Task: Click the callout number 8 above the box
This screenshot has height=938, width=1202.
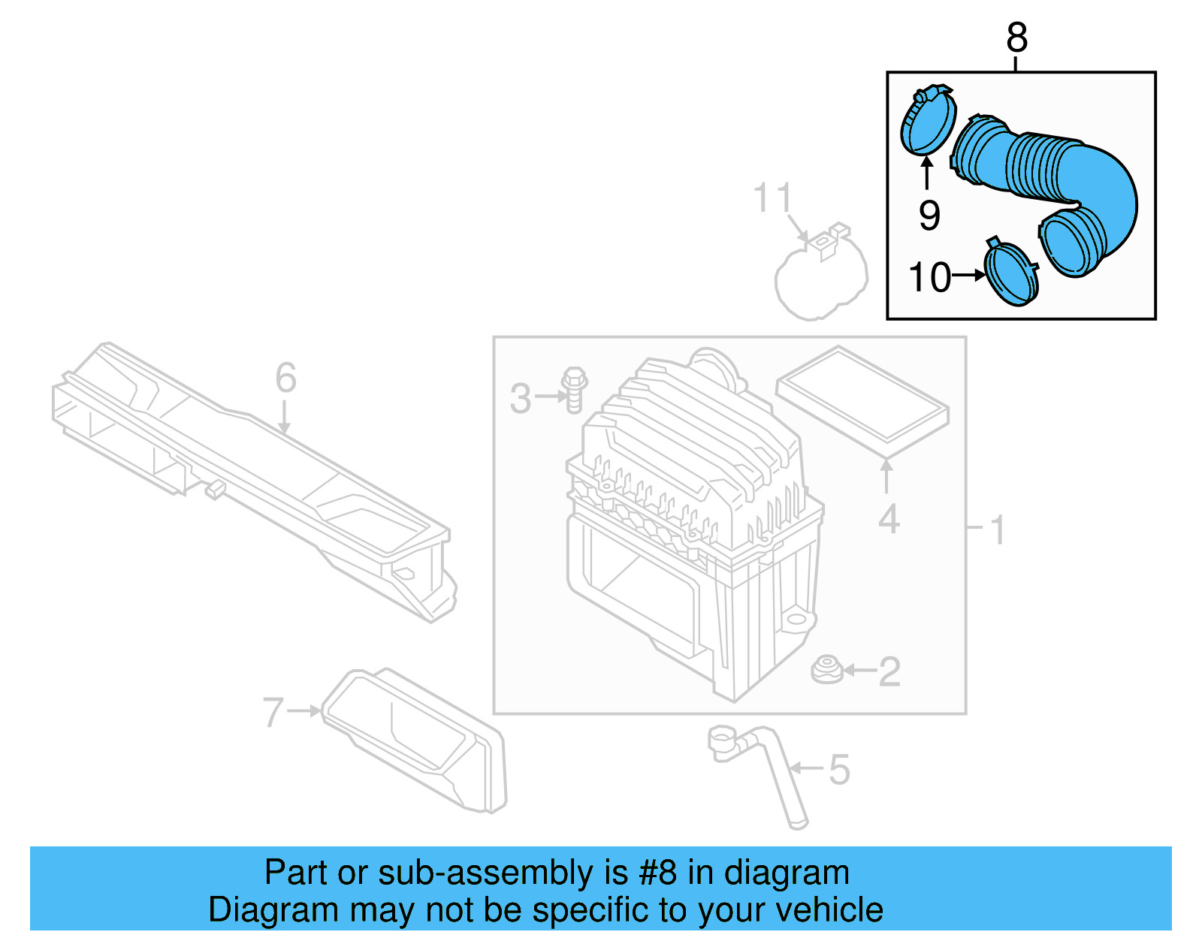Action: [1016, 38]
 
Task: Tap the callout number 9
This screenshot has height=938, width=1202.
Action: [929, 216]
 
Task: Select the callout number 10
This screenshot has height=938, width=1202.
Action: [930, 277]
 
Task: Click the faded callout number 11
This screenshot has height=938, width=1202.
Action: [772, 198]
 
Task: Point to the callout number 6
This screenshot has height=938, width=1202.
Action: [285, 377]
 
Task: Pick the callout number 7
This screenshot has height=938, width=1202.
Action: [273, 712]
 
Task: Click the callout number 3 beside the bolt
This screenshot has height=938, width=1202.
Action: [521, 398]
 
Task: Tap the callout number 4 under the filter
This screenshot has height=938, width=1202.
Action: [889, 519]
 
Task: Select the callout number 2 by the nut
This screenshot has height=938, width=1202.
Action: [889, 671]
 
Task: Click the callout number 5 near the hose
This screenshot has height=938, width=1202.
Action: [839, 770]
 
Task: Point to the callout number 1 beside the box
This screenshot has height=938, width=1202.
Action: [998, 530]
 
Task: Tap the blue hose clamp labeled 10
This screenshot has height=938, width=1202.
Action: [1011, 273]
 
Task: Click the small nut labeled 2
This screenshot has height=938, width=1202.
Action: [827, 669]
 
